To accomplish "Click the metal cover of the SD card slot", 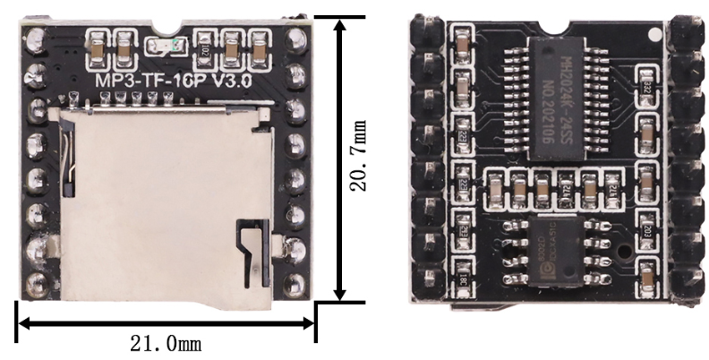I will (152, 206).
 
